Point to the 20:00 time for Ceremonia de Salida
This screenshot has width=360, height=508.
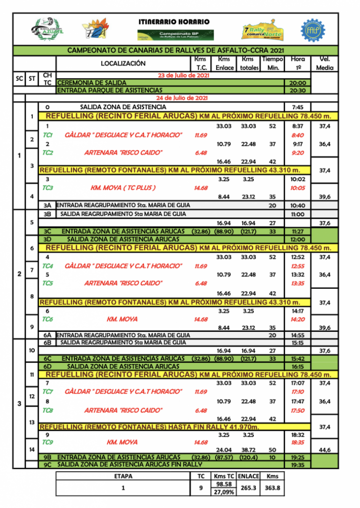tap(298, 83)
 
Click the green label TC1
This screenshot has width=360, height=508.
tap(48, 135)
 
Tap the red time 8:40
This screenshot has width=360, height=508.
tap(298, 135)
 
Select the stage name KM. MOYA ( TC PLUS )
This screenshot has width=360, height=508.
tap(123, 188)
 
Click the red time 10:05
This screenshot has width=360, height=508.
tap(298, 188)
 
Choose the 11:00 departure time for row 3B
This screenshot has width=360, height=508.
tap(298, 214)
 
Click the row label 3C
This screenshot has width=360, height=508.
tap(48, 231)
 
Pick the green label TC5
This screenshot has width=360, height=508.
tap(48, 283)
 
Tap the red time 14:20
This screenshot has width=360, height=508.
tap(298, 319)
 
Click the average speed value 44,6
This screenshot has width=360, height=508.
tap(325, 449)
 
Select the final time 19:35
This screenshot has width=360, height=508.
tap(298, 465)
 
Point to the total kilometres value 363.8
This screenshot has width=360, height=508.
tap(272, 488)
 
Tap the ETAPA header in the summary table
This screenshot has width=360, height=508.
tap(123, 475)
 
